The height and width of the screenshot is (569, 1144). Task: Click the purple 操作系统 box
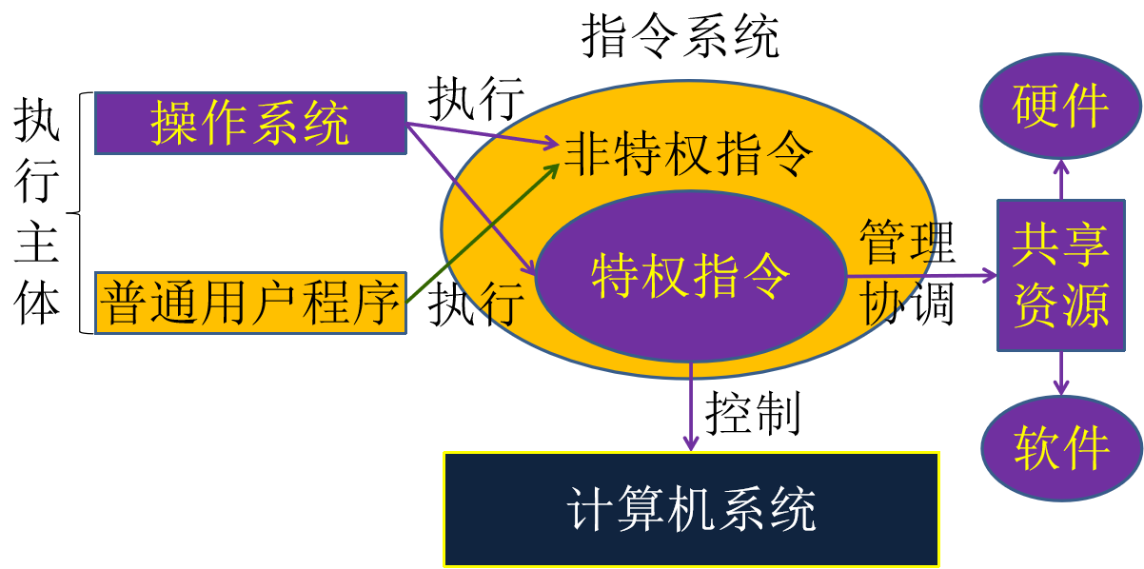250,123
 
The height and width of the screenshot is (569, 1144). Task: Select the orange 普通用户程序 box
250,303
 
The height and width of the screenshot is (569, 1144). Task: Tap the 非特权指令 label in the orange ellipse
689,154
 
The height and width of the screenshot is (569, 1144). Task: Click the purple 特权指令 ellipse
690,276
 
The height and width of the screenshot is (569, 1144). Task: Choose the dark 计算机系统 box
691,509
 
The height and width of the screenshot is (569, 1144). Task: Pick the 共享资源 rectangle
1060,275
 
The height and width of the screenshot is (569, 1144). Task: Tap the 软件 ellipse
1061,447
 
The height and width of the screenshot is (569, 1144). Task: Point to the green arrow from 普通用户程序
481,234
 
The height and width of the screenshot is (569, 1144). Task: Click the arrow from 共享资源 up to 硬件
1061,180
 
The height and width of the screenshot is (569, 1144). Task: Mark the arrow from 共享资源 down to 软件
1061,373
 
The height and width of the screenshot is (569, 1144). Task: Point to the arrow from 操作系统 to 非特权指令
481,135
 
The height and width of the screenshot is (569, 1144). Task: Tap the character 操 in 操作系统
173,124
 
